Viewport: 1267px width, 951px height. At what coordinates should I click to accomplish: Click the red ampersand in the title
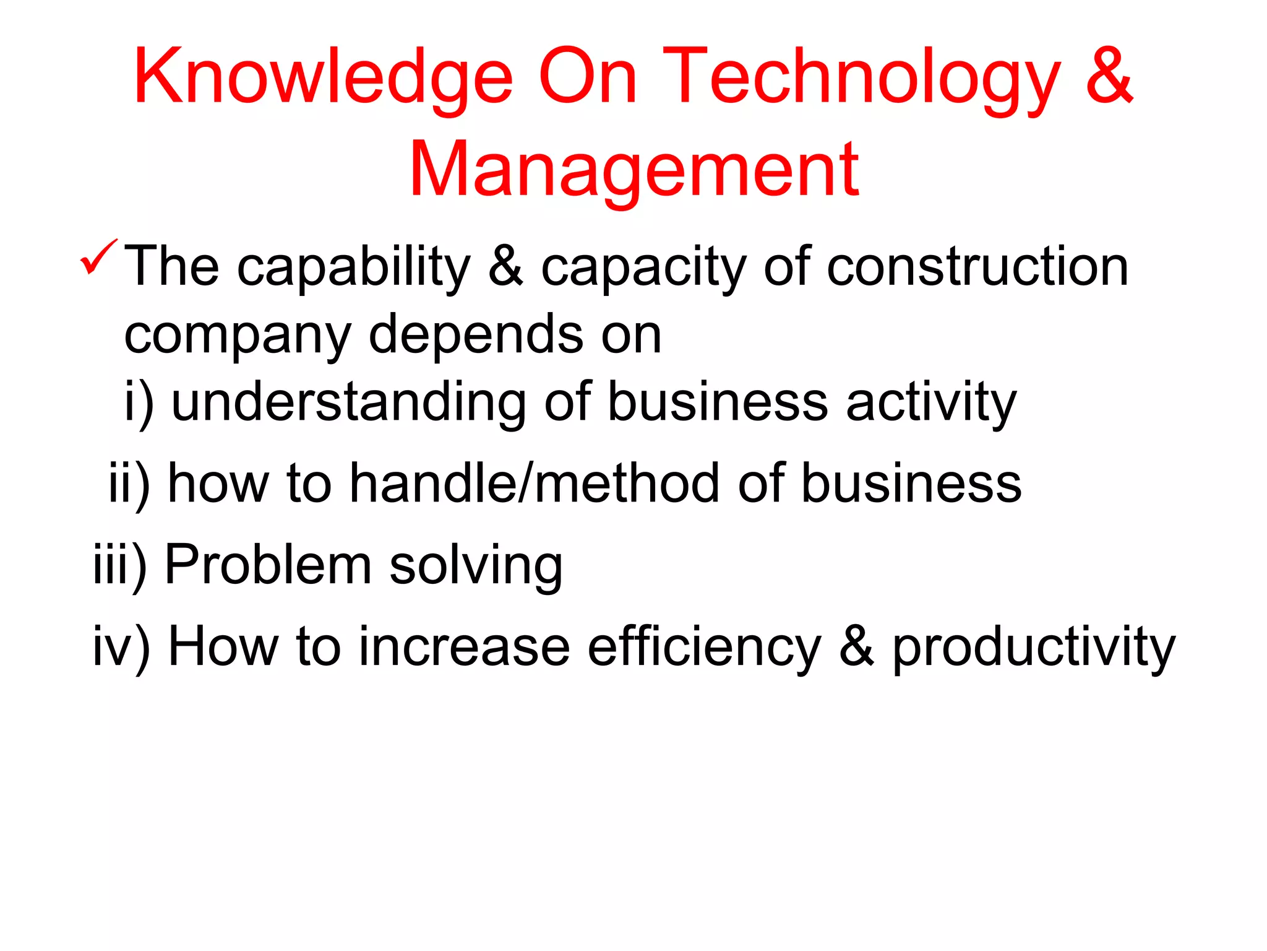pos(1109,76)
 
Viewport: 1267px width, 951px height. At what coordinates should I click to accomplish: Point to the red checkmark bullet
pos(98,257)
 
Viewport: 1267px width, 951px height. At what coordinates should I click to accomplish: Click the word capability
pos(354,267)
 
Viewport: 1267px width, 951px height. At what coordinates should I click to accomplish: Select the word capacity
pos(643,269)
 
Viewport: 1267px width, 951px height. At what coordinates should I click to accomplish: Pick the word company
pos(238,336)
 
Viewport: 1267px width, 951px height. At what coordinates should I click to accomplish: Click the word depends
pos(476,335)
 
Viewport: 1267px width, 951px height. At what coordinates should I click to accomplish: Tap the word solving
pos(476,566)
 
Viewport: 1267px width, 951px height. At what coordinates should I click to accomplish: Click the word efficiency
pos(704,648)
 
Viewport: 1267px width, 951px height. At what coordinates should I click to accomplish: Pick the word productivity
pos(1033,648)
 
